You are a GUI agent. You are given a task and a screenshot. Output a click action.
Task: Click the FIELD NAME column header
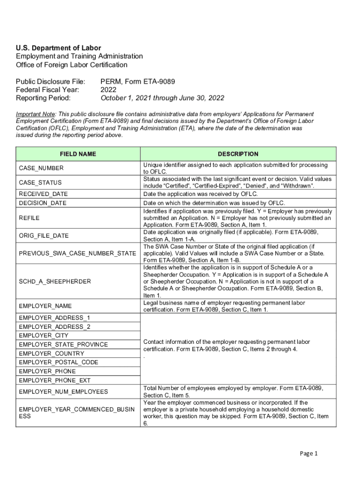[x=78, y=154]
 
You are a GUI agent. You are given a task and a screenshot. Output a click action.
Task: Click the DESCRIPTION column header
[x=238, y=154]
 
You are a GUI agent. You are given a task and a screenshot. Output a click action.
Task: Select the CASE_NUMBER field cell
[x=41, y=168]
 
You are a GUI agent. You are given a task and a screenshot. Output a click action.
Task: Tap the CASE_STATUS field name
[x=40, y=182]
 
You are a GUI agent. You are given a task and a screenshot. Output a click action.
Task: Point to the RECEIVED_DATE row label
[x=43, y=194]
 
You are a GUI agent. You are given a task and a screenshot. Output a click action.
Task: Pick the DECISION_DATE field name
[x=43, y=203]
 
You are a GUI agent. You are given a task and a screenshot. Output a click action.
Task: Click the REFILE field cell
[x=29, y=218]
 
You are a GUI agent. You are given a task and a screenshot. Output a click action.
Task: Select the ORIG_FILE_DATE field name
[x=43, y=236]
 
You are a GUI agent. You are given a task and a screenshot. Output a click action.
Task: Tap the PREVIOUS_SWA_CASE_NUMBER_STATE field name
[x=78, y=254]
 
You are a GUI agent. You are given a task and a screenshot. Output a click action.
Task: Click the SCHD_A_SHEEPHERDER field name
[x=55, y=282]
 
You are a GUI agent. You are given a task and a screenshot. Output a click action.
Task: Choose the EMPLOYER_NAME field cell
[x=45, y=306]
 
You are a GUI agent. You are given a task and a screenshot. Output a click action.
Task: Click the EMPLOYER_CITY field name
[x=43, y=335]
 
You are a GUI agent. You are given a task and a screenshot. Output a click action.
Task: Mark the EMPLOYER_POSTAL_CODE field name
[x=58, y=362]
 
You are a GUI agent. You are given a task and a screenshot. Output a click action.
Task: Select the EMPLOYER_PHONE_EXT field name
[x=55, y=380]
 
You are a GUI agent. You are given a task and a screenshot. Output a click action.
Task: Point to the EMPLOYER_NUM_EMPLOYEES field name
[x=63, y=392]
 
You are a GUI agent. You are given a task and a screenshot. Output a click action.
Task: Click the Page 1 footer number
[x=309, y=453]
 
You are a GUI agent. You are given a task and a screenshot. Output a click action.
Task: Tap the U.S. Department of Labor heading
[x=58, y=48]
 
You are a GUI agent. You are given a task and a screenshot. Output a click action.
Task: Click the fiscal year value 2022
[x=108, y=90]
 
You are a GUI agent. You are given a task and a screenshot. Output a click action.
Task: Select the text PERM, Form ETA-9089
[x=138, y=82]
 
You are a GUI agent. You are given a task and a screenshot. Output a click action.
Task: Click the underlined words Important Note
[x=36, y=114]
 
